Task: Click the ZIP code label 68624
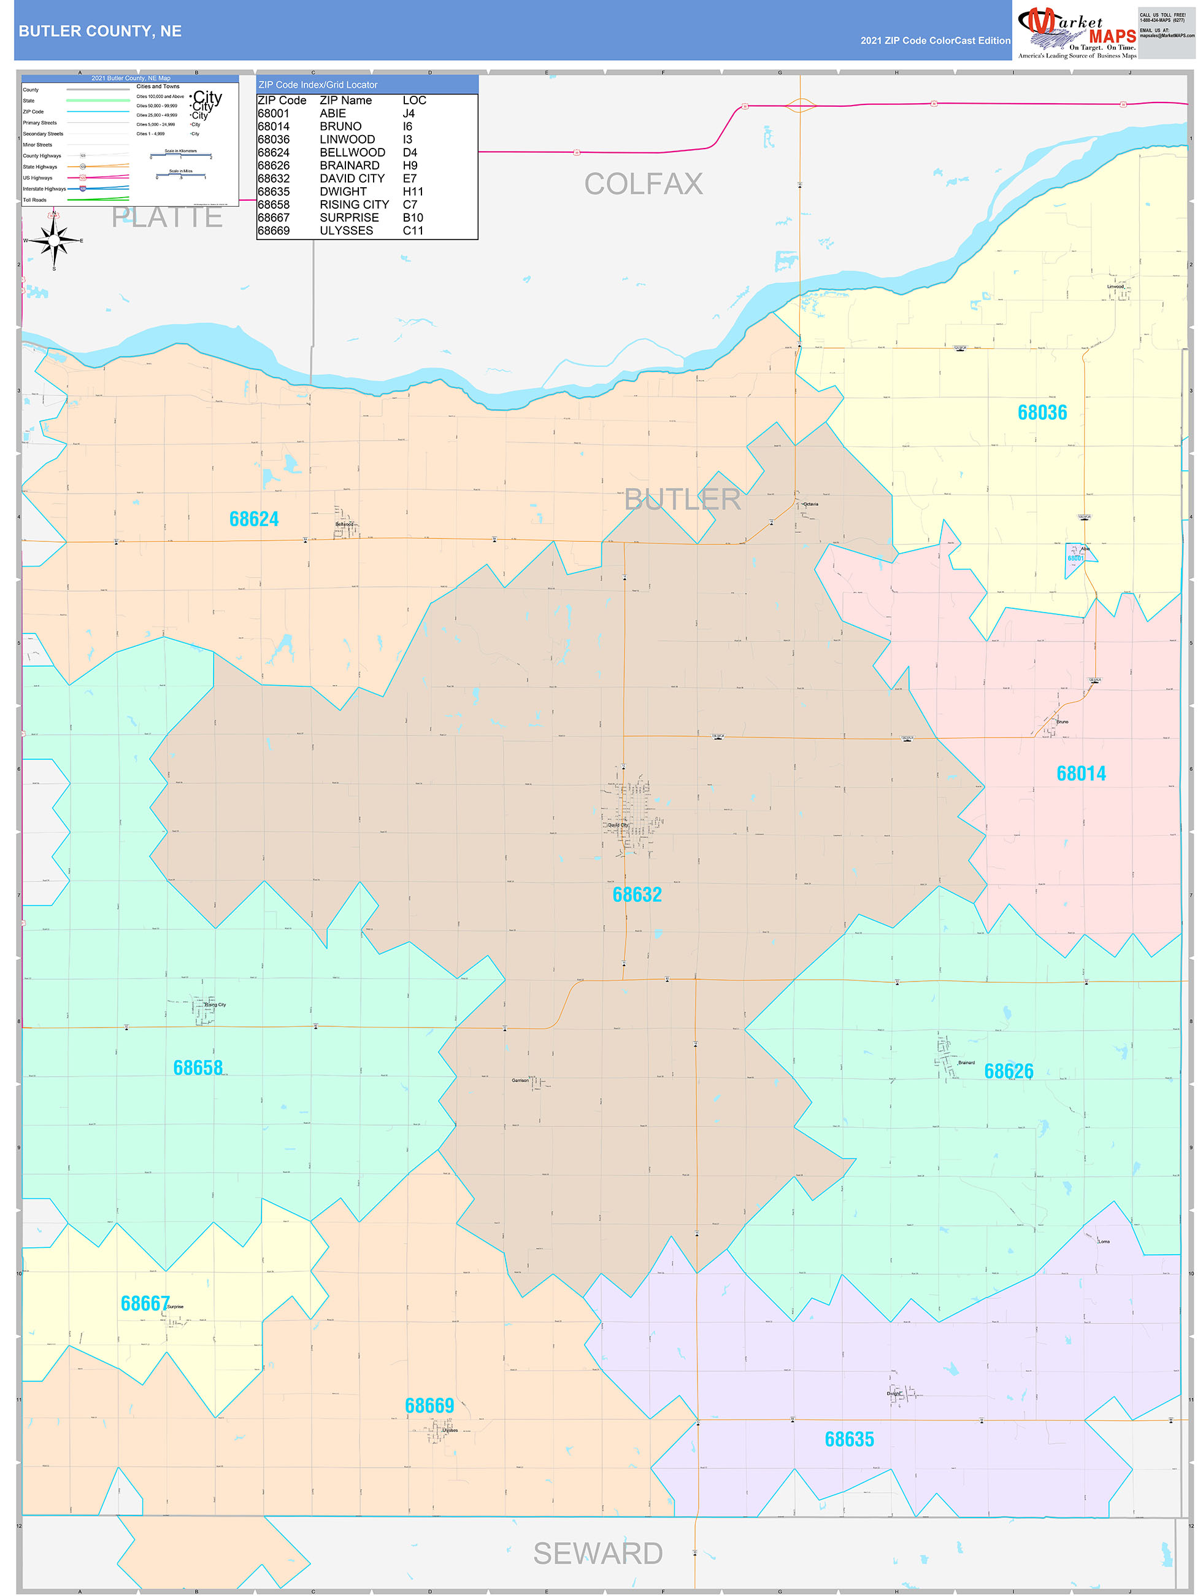click(x=254, y=519)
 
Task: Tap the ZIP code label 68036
click(x=1042, y=412)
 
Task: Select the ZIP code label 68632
click(x=637, y=895)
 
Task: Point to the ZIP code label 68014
click(x=1081, y=773)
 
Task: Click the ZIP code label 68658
click(x=198, y=1068)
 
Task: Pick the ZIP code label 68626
click(x=1009, y=1071)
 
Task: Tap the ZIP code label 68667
click(x=145, y=1304)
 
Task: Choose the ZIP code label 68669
click(x=429, y=1406)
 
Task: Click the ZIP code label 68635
click(x=849, y=1439)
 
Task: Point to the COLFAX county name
click(x=644, y=184)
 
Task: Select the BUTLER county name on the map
click(x=682, y=499)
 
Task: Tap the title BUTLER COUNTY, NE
click(x=100, y=31)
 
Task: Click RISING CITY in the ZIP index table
click(x=354, y=205)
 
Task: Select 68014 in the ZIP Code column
click(x=274, y=126)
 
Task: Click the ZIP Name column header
click(x=345, y=100)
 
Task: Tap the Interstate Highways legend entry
click(x=44, y=189)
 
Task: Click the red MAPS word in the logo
click(x=1112, y=37)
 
